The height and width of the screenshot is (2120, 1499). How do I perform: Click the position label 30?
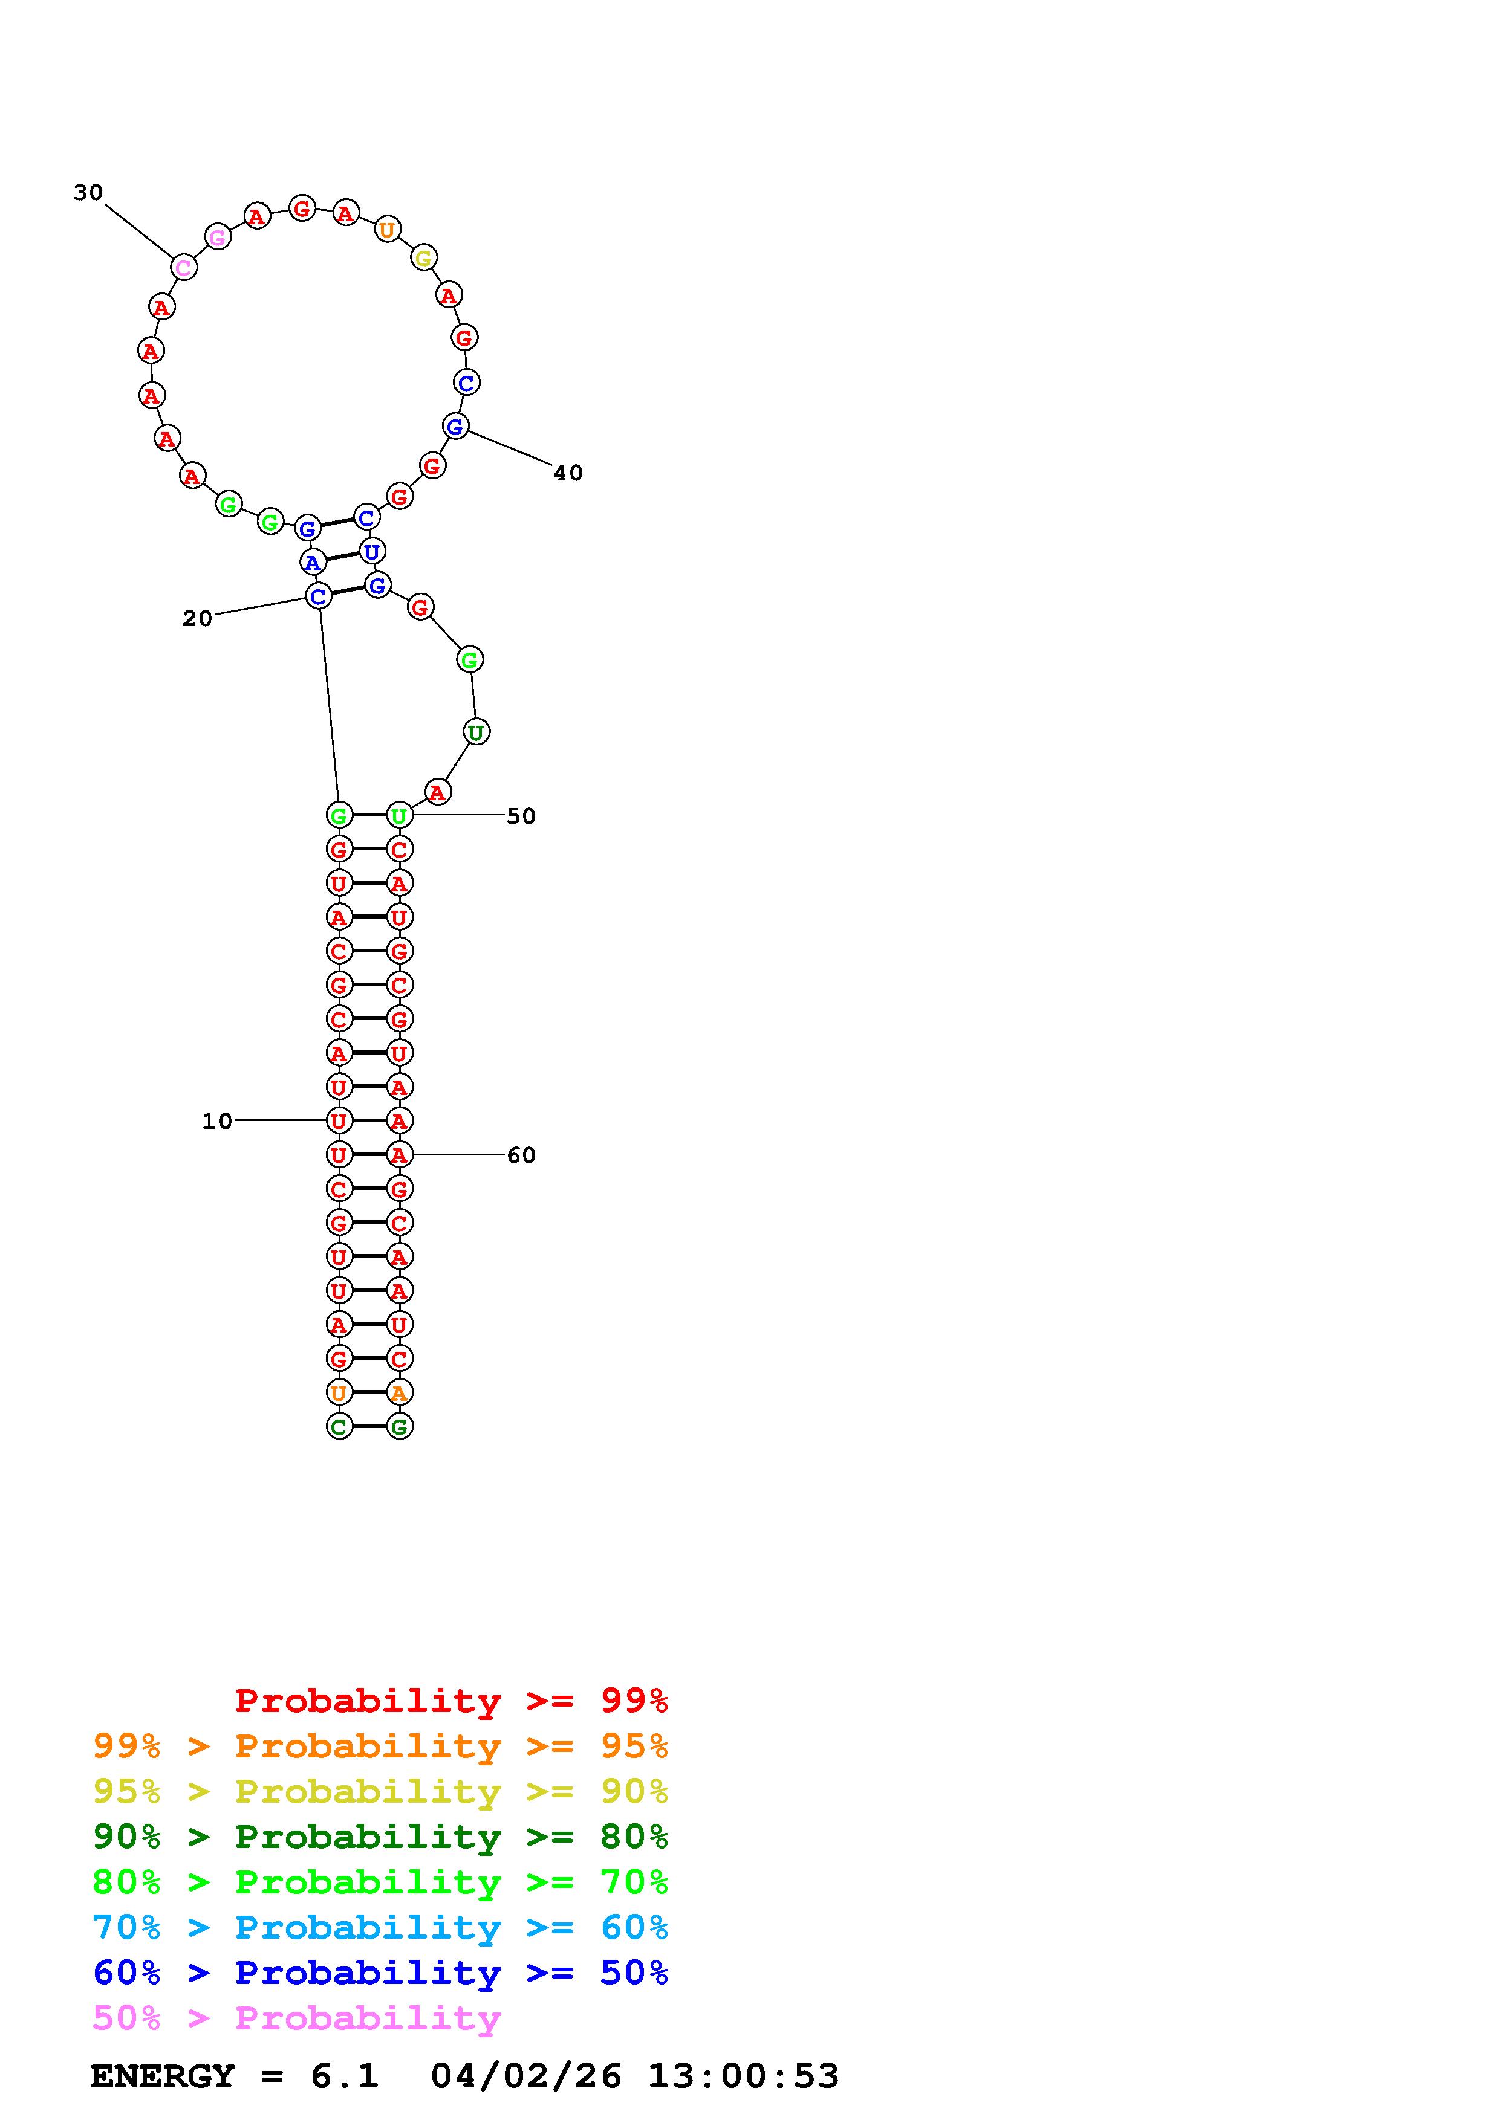coord(89,192)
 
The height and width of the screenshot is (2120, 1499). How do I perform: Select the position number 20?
coord(197,619)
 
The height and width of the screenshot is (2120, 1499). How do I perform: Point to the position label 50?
coord(521,816)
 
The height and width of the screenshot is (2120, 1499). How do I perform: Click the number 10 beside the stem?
coord(217,1121)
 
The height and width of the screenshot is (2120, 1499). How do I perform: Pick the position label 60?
coord(521,1155)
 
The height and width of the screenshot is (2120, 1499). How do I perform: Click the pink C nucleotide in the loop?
coord(184,268)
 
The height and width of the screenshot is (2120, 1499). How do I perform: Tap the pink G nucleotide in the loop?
coord(217,238)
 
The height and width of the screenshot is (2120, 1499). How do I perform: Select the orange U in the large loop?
coord(387,229)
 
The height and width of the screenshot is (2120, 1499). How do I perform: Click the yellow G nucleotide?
coord(423,257)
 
